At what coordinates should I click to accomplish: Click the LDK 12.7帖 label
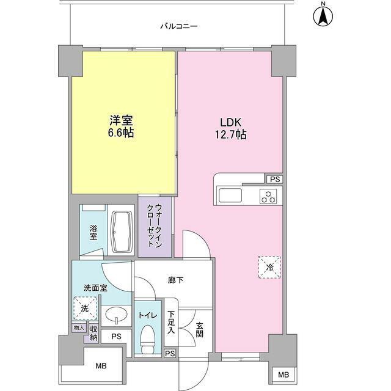229,126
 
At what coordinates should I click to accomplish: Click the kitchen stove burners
268,196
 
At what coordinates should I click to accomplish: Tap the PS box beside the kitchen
274,180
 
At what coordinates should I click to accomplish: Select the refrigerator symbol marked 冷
269,266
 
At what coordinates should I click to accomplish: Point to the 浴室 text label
93,232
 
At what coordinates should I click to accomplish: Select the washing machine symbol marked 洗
85,309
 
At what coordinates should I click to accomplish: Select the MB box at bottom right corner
283,375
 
